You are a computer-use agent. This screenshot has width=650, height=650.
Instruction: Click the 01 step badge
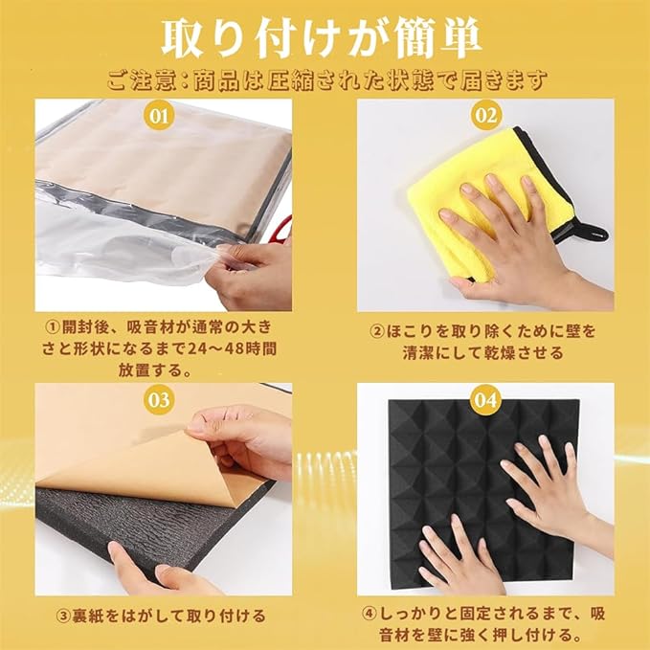[160, 116]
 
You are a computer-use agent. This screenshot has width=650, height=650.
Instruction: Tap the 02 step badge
[486, 116]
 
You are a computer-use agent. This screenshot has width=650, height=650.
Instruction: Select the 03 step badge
[160, 400]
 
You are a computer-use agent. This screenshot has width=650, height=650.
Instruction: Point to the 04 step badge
[486, 400]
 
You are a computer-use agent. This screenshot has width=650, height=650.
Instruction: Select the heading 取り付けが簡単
[321, 40]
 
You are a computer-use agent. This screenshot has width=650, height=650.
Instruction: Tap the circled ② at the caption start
[377, 332]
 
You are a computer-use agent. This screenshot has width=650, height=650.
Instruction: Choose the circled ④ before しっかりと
[369, 613]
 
